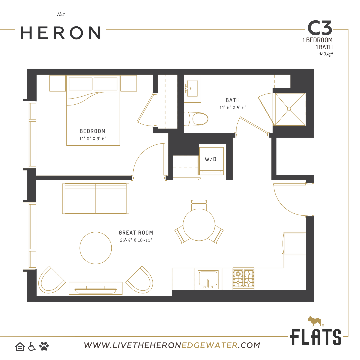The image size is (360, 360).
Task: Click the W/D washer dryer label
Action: pos(210,159)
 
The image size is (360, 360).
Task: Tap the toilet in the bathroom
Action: pos(198,119)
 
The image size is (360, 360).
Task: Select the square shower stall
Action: pos(289,109)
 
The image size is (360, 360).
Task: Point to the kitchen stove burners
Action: pos(243,278)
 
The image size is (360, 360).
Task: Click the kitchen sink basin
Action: pos(208,279)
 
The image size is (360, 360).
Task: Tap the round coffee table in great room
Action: pos(96,248)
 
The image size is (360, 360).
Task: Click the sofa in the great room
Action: pos(96,199)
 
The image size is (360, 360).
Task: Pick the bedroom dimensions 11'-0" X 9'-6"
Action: pos(93,138)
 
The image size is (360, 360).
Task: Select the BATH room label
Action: pos(232,100)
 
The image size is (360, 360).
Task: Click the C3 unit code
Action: pos(319,29)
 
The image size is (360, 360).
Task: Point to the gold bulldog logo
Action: pos(315,321)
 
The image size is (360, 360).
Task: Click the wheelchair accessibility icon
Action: pos(32,347)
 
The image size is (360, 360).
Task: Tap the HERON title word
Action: pos(61,33)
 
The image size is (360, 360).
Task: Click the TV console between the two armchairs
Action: pos(96,289)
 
